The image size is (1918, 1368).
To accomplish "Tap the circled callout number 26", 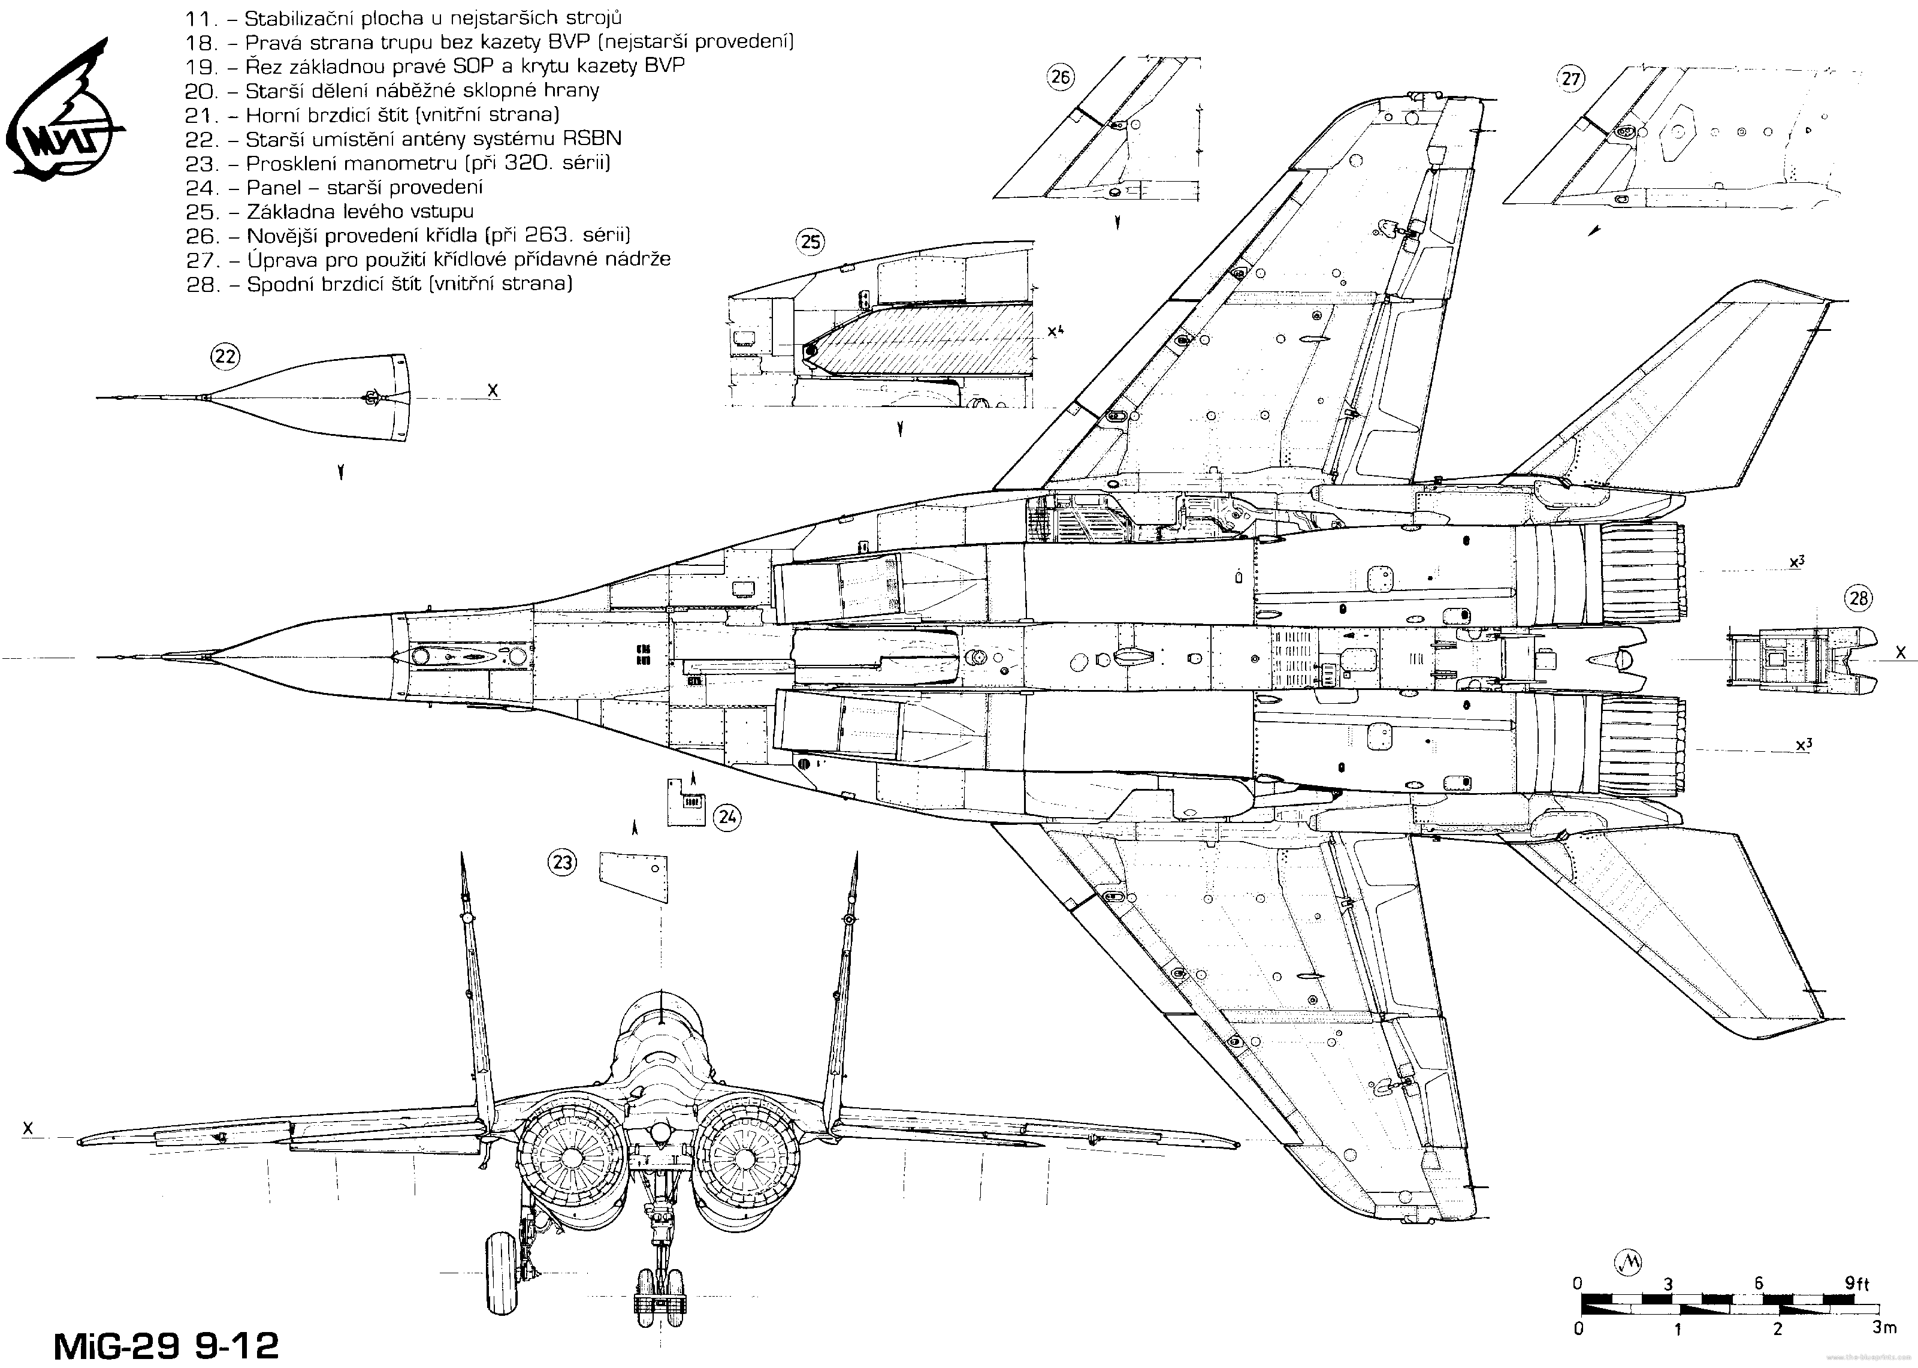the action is click(1061, 79).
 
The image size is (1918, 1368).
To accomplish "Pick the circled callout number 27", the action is click(1571, 79).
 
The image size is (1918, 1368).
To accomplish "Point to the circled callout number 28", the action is click(1859, 599).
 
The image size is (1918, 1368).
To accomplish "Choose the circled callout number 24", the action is click(727, 816).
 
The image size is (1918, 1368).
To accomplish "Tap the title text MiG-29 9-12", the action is click(166, 1345).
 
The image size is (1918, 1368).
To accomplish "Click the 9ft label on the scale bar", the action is click(1856, 1283).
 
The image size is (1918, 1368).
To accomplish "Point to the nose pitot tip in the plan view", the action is click(99, 657).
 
